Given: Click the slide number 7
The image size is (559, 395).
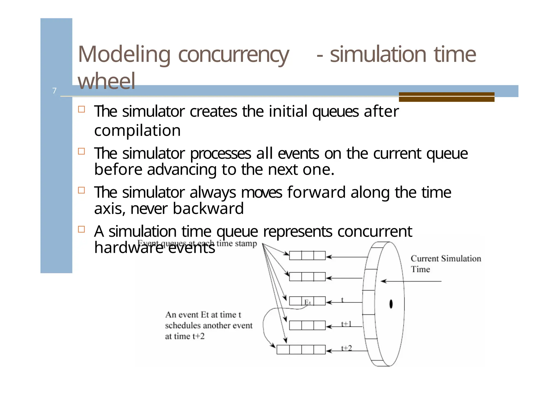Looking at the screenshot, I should tap(54, 91).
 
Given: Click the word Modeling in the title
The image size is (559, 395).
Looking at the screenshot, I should tap(124, 54).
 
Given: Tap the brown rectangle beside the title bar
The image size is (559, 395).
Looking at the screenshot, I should tap(446, 97).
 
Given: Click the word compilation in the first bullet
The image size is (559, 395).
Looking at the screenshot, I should tap(137, 130).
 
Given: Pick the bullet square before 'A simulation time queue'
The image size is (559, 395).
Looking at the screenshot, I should tap(81, 229).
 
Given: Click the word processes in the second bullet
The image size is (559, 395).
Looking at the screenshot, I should tap(220, 153).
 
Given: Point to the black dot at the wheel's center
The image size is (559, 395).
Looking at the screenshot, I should tap(391, 304).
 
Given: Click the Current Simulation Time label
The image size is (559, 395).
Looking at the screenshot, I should tap(445, 263).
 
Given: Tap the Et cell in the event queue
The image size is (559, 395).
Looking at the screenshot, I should tap(308, 301).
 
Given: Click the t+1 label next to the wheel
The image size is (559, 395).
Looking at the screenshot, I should tap(346, 324).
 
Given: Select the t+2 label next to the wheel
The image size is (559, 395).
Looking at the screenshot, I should tap(346, 348).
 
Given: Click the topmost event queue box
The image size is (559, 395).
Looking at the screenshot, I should tap(307, 256).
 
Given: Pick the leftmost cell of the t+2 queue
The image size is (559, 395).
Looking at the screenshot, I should tap(283, 350).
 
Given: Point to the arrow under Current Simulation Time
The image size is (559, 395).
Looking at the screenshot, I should tap(411, 281).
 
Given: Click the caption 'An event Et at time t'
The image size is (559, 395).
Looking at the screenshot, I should tap(203, 315).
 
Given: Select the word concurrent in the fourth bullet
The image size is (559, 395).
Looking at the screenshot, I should tap(374, 231).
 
